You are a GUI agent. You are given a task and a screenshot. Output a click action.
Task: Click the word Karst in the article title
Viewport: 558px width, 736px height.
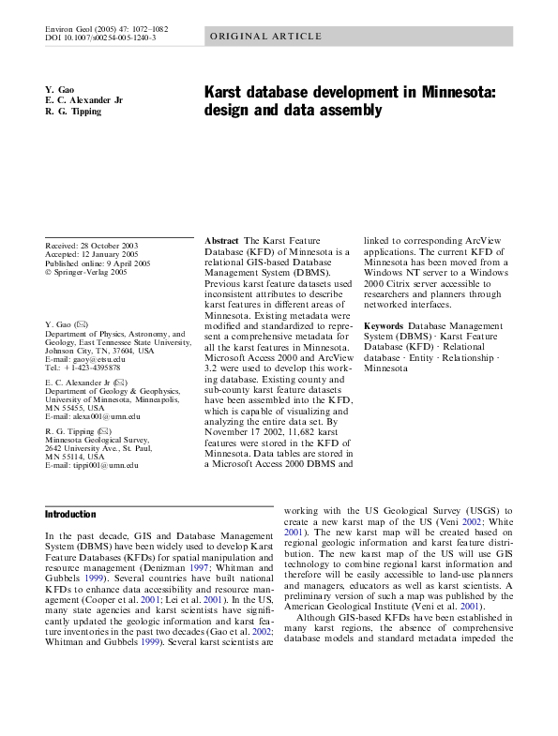pos(226,93)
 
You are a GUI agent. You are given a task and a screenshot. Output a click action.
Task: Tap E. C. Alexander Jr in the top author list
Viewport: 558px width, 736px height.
pos(83,99)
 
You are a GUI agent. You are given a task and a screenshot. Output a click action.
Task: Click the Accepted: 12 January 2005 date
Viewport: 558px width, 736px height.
pos(113,254)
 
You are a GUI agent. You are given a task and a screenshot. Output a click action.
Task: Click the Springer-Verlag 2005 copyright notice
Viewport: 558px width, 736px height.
pos(89,272)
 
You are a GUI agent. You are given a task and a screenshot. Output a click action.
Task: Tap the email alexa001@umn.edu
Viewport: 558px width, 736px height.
pos(103,415)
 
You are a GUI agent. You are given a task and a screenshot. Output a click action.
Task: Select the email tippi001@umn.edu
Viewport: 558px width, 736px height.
pos(102,464)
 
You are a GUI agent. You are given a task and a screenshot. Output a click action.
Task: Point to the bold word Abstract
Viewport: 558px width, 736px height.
pos(221,242)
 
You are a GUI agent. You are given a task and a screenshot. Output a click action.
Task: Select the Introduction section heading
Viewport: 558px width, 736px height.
pos(70,515)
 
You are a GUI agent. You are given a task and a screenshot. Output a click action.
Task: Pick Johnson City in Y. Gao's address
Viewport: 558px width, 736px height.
pos(77,351)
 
